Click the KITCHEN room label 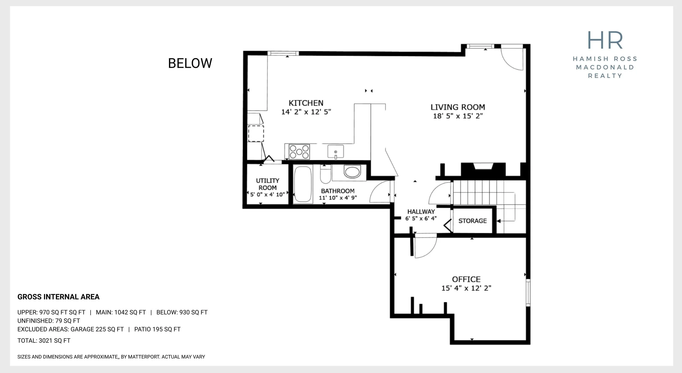coord(306,103)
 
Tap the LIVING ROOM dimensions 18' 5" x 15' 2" coord(458,116)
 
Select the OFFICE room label coord(466,279)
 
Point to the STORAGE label coord(472,221)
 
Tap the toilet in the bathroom coord(325,174)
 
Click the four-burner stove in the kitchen coord(299,152)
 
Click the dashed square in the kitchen coord(256,134)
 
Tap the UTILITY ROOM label coord(268,184)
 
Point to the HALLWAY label coord(421,212)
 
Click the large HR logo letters coord(605,40)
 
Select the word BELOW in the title coord(190,63)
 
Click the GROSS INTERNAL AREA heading coord(58,297)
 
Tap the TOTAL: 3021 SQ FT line coord(44,341)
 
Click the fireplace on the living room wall coord(483,170)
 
